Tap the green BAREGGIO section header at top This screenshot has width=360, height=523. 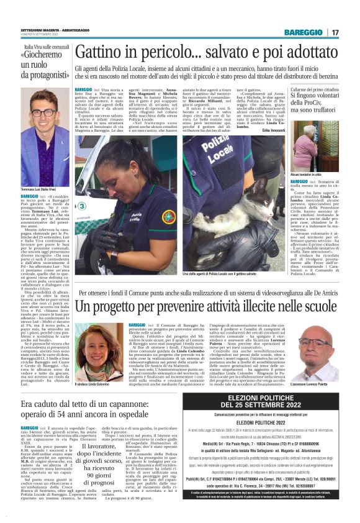(304, 32)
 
